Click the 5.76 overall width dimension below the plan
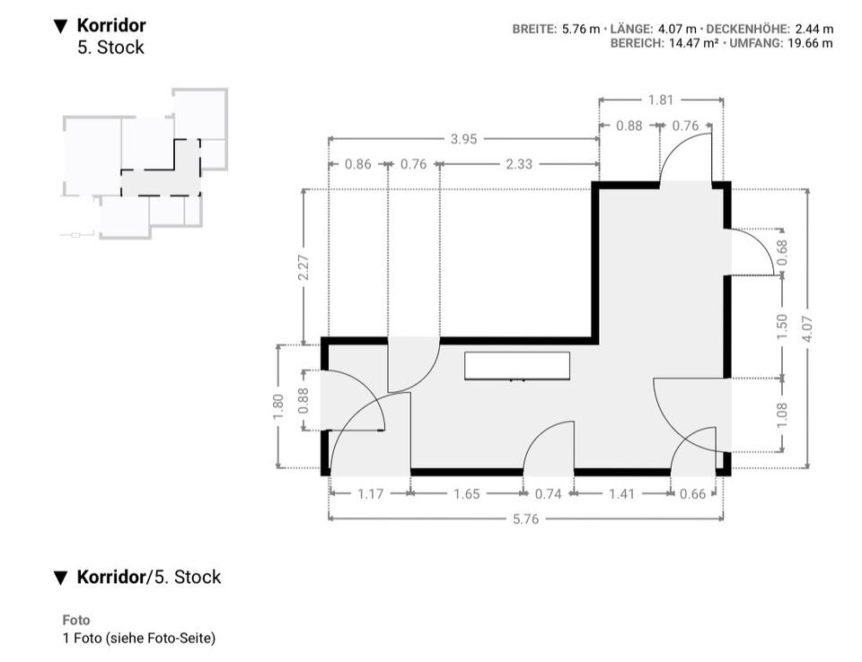point(525,518)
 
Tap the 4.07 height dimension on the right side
point(808,327)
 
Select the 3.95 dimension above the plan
point(463,139)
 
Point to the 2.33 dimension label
point(519,164)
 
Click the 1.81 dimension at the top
point(660,100)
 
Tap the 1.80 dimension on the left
point(278,406)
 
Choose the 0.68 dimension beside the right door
point(781,253)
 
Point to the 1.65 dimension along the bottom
point(467,493)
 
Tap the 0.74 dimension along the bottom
point(548,493)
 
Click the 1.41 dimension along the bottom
point(621,493)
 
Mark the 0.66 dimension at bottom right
point(693,493)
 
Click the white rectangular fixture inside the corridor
point(517,366)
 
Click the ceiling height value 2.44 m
point(814,29)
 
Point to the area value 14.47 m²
point(693,42)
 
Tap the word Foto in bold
point(76,620)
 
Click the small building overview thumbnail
point(144,163)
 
